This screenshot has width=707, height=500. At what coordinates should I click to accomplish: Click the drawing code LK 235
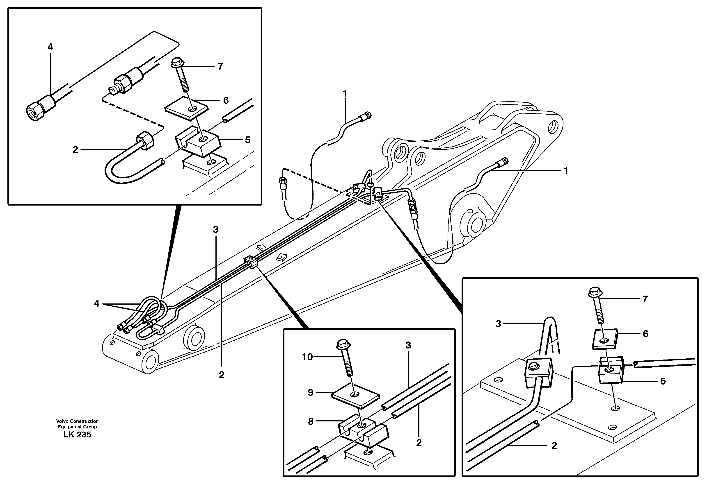77,434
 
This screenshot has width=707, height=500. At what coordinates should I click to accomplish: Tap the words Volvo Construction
77,421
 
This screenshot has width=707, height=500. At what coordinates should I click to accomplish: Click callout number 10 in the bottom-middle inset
307,357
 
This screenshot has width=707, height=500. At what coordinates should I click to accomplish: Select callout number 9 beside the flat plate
310,392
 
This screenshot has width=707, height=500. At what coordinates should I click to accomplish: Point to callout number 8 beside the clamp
311,421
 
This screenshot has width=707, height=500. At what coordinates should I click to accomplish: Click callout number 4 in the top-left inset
50,47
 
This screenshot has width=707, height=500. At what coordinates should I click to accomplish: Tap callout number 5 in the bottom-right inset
663,381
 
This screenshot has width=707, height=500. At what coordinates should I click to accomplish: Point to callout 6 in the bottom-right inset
646,334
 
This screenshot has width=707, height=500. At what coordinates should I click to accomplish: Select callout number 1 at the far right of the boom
565,171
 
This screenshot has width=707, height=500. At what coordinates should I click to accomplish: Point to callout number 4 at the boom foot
97,304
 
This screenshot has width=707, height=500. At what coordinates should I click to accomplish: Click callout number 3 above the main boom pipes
215,229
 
